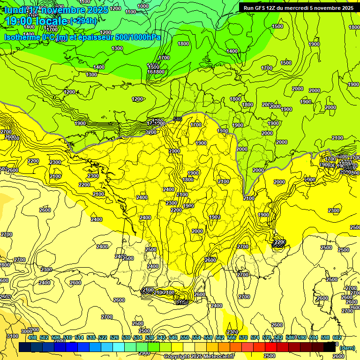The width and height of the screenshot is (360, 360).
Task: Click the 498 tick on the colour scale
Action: pyautogui.click(x=32, y=337)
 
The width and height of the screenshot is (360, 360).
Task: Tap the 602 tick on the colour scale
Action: pyautogui.click(x=337, y=337)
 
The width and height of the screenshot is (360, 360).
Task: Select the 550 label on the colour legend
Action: pyautogui.click(x=185, y=337)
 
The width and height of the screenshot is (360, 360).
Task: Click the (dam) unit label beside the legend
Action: pyautogui.click(x=346, y=348)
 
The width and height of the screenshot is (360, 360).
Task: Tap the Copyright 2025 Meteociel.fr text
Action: pyautogui.click(x=199, y=356)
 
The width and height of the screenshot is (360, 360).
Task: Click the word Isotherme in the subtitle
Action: pyautogui.click(x=21, y=37)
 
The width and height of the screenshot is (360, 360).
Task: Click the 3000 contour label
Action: pyautogui.click(x=33, y=330)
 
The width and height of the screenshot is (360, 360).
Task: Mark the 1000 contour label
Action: pyautogui.click(x=143, y=6)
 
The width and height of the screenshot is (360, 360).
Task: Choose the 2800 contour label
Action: pyautogui.click(x=4, y=265)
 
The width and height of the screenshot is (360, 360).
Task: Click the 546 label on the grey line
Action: pyautogui.click(x=178, y=119)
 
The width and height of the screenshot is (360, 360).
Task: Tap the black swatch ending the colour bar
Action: pyautogui.click(x=330, y=347)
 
